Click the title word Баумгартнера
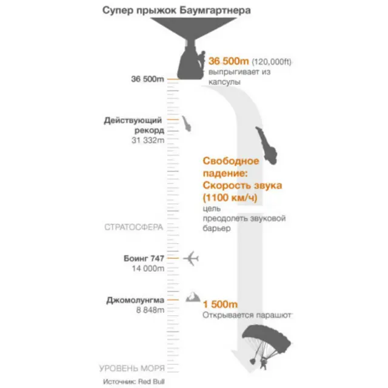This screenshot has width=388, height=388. point(215,11)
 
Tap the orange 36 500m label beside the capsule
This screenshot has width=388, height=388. point(229,61)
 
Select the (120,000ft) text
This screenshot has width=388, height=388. point(272,62)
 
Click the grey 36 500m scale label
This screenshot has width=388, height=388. point(147,79)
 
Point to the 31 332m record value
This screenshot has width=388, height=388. point(148,140)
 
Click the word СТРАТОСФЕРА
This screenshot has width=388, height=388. point(134,227)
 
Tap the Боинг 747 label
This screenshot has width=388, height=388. point(144,258)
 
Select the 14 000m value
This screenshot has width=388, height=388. point(148,269)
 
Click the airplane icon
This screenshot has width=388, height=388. point(191,259)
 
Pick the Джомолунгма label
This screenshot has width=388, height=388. point(135,300)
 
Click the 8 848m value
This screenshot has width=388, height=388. point(150,310)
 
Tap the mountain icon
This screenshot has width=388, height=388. point(193,296)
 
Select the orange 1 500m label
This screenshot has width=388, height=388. point(220,304)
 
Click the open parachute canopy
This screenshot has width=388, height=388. point(267,337)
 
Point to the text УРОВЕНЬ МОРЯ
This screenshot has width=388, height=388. point(132,369)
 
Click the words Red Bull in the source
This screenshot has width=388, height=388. point(151,381)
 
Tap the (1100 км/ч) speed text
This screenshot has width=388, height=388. point(230,198)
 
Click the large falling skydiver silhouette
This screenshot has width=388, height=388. point(267,145)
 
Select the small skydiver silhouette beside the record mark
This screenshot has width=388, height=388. point(187,124)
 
